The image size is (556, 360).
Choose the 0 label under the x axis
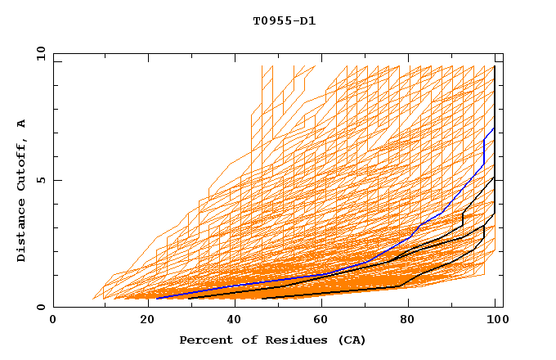pyautogui.click(x=54, y=320)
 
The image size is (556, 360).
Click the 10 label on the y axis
pyautogui.click(x=40, y=53)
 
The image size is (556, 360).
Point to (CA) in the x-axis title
pyautogui.click(x=350, y=340)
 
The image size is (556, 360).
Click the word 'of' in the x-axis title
pyautogui.click(x=243, y=340)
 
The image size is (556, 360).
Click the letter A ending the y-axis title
pyautogui.click(x=21, y=124)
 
